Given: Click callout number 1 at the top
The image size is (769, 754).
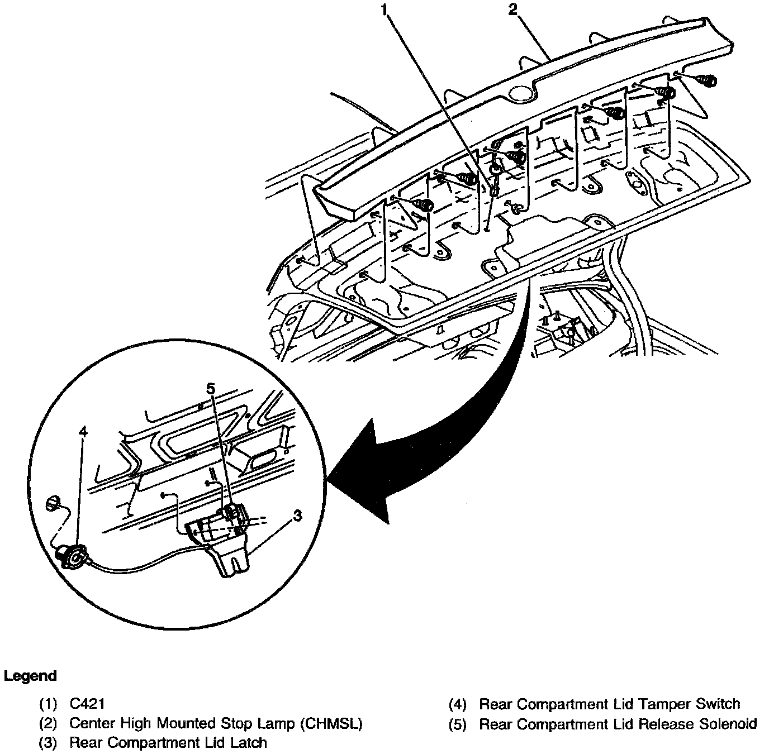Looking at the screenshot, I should pos(385,9).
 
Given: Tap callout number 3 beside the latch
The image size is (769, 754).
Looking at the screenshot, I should pos(297,515).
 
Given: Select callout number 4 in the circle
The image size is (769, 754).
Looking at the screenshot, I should pos(83,432).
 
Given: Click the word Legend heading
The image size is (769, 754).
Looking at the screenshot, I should pos(30,676).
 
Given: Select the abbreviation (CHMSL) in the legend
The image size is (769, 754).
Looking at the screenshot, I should pos(331,724).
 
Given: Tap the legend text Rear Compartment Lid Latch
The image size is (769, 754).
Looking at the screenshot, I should pos(168,743).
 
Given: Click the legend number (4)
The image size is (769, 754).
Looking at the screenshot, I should pos(458,704).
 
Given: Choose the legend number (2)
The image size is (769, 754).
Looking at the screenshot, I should pos(48,724).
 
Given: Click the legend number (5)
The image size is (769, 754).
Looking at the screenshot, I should pos(458,724).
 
